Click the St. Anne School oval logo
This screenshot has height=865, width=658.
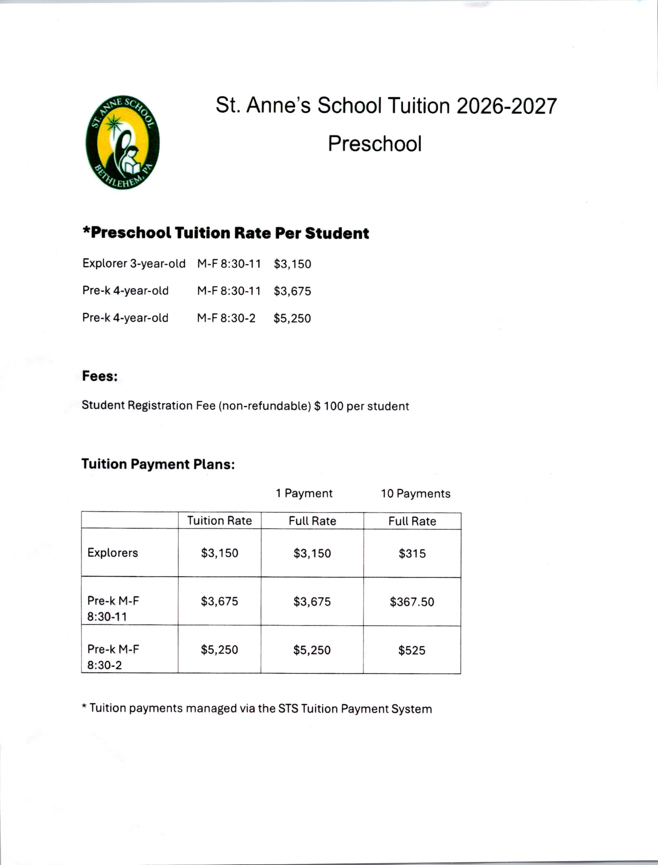tap(122, 142)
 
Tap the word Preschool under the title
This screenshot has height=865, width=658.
tap(374, 143)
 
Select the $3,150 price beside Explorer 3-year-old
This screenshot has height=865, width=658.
tap(292, 264)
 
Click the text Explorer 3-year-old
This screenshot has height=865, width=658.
tap(133, 264)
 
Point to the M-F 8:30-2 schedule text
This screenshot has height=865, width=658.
tap(226, 318)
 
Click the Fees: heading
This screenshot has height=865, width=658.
tap(99, 376)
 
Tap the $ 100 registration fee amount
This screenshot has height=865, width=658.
tap(328, 406)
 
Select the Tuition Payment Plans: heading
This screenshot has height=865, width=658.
tap(158, 464)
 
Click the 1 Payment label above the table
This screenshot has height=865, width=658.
tap(304, 493)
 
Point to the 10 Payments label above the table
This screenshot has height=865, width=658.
tap(415, 494)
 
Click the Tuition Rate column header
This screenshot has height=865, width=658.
tap(219, 521)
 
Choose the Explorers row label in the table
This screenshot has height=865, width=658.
tap(113, 553)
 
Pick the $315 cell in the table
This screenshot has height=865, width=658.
tap(412, 554)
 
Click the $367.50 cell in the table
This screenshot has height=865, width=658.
tap(411, 602)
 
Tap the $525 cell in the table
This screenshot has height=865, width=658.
tap(411, 651)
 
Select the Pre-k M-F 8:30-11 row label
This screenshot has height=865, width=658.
tap(113, 608)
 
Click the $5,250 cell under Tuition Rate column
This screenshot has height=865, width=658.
tap(219, 650)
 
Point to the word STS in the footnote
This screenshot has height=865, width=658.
tap(288, 709)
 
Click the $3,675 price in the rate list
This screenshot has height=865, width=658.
tap(292, 291)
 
